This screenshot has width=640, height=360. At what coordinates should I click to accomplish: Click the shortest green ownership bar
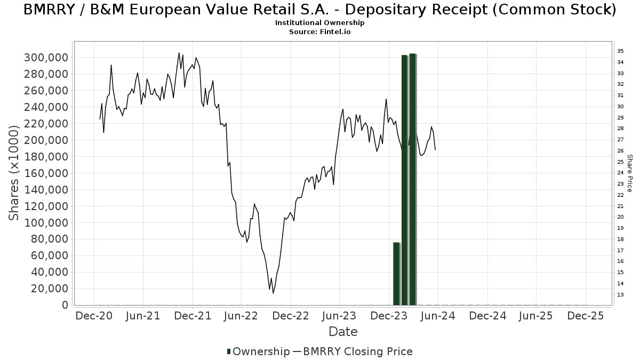396,274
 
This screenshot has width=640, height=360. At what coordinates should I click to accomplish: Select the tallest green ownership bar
413,179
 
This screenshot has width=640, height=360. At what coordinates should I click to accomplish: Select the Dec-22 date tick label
291,316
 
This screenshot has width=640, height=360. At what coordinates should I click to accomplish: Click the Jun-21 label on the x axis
143,316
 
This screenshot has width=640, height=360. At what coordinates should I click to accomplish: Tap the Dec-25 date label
585,316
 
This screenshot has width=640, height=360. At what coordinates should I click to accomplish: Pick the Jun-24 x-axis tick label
438,316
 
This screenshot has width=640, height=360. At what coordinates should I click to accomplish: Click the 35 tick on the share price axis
620,51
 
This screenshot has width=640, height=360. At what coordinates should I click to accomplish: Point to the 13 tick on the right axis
620,295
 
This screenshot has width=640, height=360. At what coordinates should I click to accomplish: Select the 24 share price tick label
620,173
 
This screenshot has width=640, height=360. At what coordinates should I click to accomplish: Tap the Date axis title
343,332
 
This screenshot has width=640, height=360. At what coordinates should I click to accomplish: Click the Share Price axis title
629,173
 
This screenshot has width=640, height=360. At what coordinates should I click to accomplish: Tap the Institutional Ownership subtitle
319,23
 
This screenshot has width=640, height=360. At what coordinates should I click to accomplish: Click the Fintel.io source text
334,32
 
